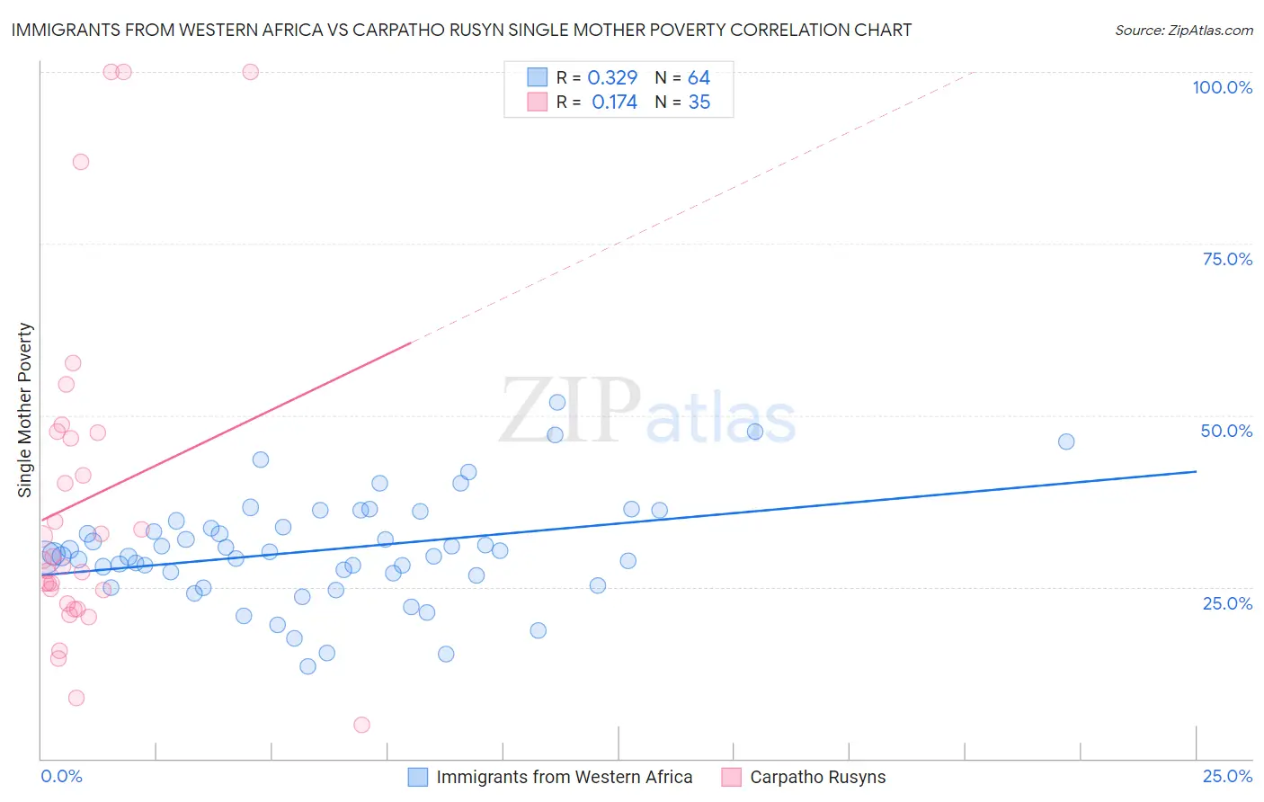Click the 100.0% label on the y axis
tap(1222, 87)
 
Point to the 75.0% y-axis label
tap(1227, 259)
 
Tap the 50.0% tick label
tap(1226, 431)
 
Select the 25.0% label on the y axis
tap(1227, 603)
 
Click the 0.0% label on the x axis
tap(61, 776)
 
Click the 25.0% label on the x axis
tap(1227, 776)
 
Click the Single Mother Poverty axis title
tap(25, 410)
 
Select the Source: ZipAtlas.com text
tap(1183, 31)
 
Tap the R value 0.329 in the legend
tap(612, 78)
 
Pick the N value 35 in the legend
tap(699, 102)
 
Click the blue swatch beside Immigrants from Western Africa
tap(418, 777)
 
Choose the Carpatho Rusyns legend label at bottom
tap(817, 777)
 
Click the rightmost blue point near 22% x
tap(1066, 441)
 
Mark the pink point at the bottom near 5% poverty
tap(361, 725)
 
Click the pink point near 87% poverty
tap(81, 162)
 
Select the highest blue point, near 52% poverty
tap(557, 403)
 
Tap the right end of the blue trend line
tap(1196, 471)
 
